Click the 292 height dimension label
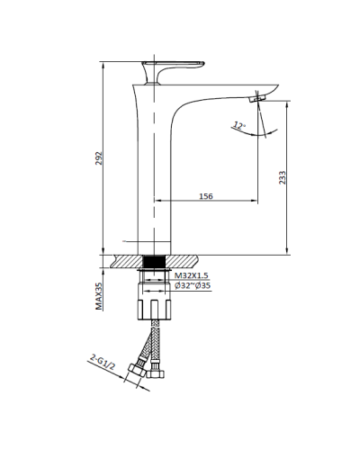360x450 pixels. click(x=101, y=159)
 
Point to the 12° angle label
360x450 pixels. click(x=238, y=124)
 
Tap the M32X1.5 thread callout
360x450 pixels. click(x=192, y=274)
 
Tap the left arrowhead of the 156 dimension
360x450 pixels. click(x=161, y=201)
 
